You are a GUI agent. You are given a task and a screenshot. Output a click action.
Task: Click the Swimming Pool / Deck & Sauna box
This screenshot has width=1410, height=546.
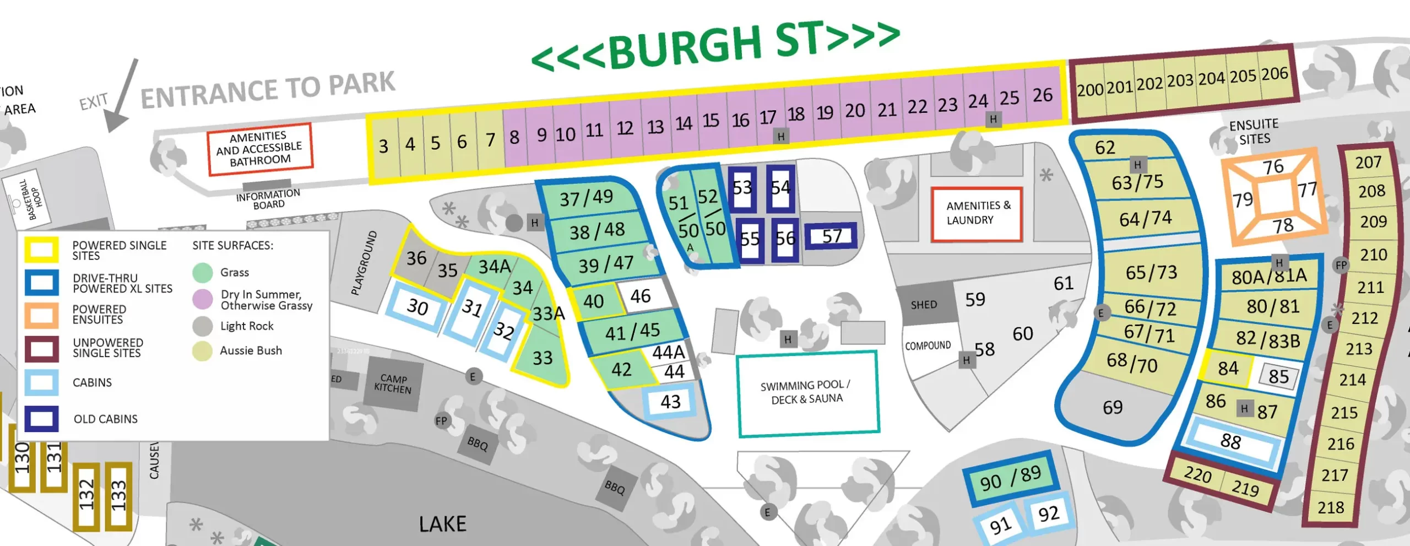807,392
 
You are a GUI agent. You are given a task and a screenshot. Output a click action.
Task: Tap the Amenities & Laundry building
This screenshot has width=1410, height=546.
977,214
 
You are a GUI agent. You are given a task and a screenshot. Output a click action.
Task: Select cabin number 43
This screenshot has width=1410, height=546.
670,402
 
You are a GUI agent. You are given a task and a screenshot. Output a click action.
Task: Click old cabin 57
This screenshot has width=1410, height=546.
832,236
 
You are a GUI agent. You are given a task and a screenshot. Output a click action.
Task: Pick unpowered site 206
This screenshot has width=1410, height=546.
1275,74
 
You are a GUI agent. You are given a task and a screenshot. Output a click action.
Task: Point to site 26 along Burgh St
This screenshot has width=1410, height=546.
1042,95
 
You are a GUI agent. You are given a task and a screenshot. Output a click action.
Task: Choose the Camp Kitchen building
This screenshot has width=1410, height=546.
393,383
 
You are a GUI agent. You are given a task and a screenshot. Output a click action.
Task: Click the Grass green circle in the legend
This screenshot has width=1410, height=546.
203,272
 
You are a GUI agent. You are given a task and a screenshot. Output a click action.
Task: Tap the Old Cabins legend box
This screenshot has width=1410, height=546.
41,419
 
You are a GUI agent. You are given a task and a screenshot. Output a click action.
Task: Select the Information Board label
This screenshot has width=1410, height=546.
268,199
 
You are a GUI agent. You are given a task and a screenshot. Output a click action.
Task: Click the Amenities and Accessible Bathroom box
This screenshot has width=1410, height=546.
259,149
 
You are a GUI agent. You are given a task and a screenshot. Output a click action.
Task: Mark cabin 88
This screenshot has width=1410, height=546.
1231,441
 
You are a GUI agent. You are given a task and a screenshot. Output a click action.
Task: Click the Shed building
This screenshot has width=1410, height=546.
924,305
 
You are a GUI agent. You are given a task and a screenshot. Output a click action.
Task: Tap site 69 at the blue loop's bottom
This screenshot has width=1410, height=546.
1113,408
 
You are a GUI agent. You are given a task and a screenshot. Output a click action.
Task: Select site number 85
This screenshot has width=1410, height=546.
1278,376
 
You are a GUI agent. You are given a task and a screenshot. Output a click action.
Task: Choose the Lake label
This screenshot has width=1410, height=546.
442,523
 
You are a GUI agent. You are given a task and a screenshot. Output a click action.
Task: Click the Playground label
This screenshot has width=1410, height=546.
365,263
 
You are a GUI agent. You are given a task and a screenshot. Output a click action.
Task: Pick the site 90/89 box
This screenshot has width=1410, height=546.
1010,478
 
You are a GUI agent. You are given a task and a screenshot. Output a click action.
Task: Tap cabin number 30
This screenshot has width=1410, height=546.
417,306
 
